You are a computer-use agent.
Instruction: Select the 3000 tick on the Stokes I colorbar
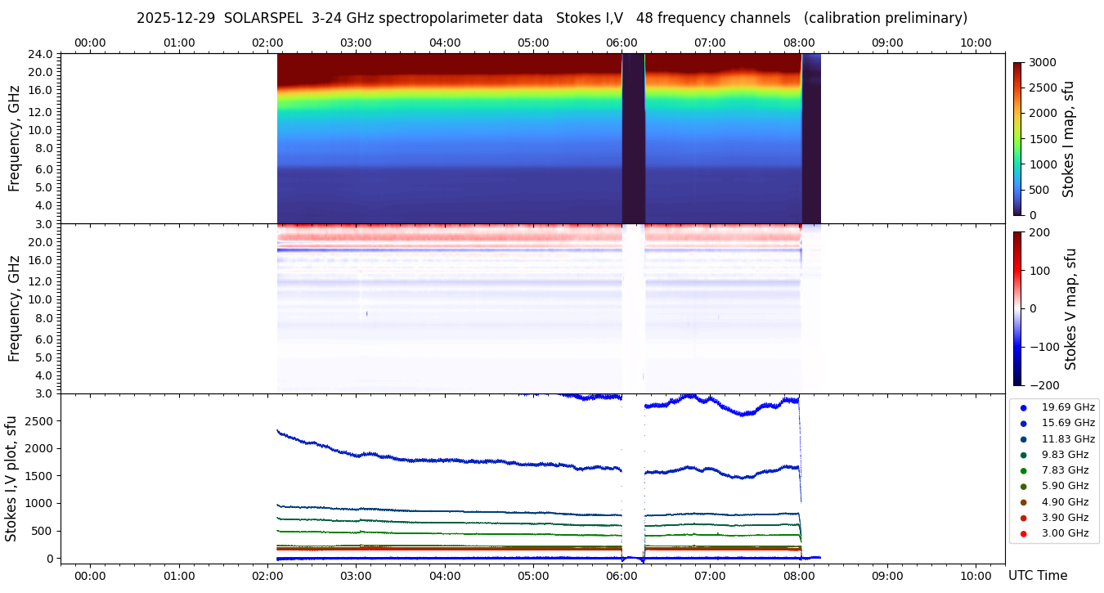1041,62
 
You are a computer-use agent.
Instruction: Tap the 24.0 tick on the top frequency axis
42,54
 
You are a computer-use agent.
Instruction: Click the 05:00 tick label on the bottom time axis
533,576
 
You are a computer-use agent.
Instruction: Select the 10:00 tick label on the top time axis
976,43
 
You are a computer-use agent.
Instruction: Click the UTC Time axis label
1038,576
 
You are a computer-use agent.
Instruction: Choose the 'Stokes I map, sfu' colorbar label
1068,139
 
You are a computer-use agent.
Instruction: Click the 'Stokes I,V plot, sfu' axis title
11,478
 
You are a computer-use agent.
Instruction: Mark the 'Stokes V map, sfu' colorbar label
1070,309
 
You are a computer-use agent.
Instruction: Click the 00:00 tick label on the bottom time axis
90,576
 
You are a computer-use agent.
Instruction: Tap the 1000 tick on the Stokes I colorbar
1041,164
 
